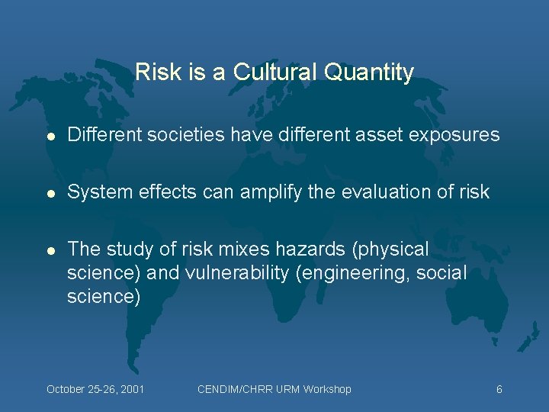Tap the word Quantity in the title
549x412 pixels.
click(369, 72)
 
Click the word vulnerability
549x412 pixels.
click(242, 273)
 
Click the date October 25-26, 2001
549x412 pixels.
click(95, 389)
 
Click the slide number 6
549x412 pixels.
click(499, 389)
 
